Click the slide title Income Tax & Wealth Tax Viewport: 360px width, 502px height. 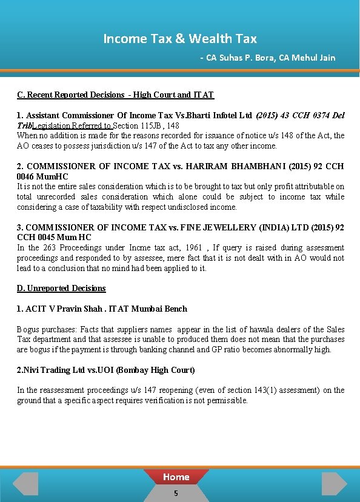click(x=180, y=39)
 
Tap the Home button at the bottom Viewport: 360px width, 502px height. click(x=176, y=477)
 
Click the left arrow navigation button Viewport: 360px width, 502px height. click(x=25, y=484)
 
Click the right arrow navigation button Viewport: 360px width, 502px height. click(x=334, y=484)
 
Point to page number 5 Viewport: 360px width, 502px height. click(x=176, y=494)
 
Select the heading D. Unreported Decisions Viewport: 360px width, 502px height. click(x=61, y=288)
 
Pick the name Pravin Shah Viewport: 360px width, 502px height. click(x=76, y=309)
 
